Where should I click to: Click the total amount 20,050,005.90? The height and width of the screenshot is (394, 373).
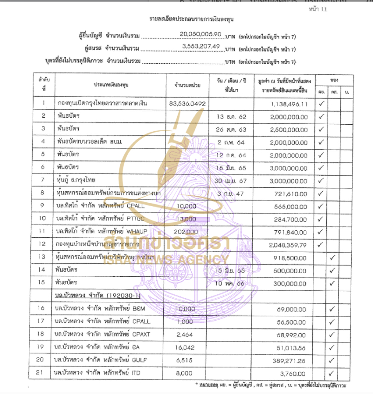pos(198,34)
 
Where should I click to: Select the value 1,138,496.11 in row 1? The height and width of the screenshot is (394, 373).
pos(289,104)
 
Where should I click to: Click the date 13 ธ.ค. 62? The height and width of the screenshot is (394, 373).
pos(231,116)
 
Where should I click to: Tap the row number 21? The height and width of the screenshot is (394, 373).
pos(43,373)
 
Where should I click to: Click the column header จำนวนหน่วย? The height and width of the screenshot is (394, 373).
pos(187,86)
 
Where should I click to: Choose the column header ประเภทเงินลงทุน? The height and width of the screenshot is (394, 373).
pos(112,86)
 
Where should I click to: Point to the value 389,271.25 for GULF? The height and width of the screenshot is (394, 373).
pos(290,360)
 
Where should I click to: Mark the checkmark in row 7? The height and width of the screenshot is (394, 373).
pos(321,180)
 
